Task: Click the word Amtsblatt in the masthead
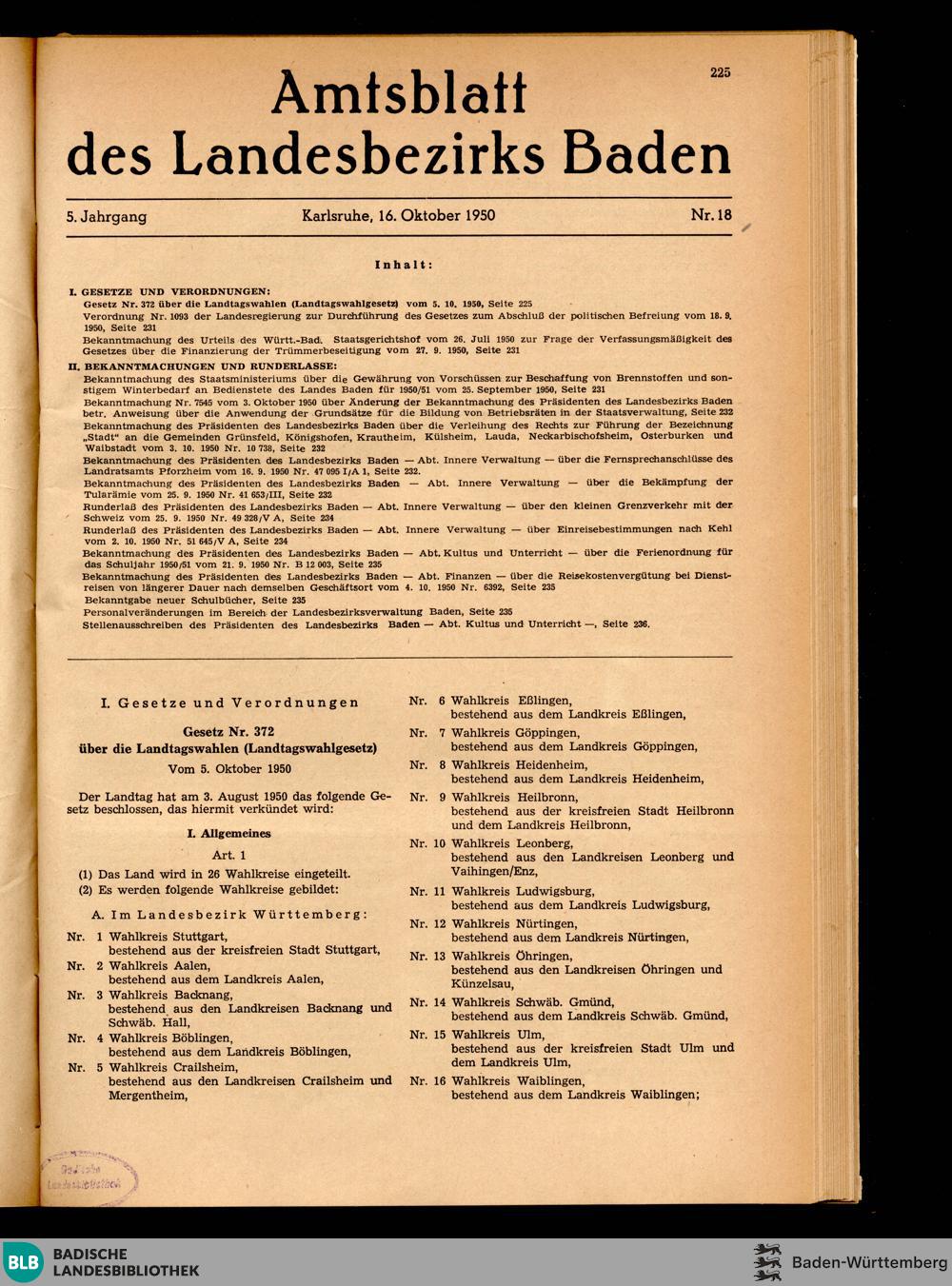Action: point(399,96)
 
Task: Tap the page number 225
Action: point(720,72)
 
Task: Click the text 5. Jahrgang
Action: point(107,216)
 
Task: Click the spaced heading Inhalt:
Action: point(404,265)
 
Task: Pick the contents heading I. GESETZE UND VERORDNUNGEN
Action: point(169,291)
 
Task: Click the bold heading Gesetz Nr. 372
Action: point(228,732)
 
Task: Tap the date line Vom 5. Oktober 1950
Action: point(229,768)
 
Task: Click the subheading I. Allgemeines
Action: point(229,833)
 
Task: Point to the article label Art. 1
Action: point(229,855)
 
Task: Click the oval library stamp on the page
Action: point(89,1177)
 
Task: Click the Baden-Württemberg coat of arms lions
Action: point(767,1261)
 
